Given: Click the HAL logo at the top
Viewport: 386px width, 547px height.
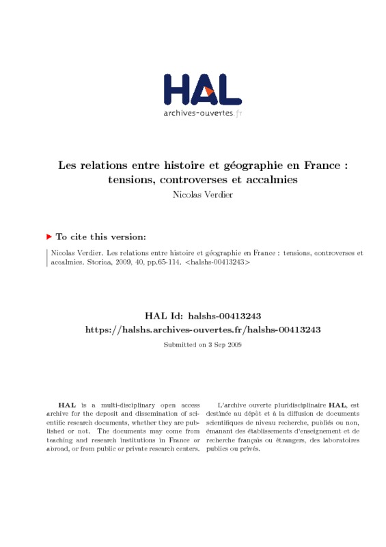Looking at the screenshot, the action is tap(202, 88).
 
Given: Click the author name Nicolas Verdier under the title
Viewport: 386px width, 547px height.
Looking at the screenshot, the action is tap(202, 194).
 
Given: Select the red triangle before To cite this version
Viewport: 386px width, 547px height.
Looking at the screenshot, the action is tap(49, 237).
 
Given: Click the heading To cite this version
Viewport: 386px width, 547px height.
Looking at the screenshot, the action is tap(100, 237).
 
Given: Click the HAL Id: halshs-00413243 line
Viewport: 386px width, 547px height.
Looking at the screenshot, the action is tap(202, 316).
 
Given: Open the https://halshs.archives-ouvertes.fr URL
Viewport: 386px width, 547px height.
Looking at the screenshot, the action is tap(202, 329).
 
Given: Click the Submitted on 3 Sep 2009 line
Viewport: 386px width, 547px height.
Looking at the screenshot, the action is tap(202, 345).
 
